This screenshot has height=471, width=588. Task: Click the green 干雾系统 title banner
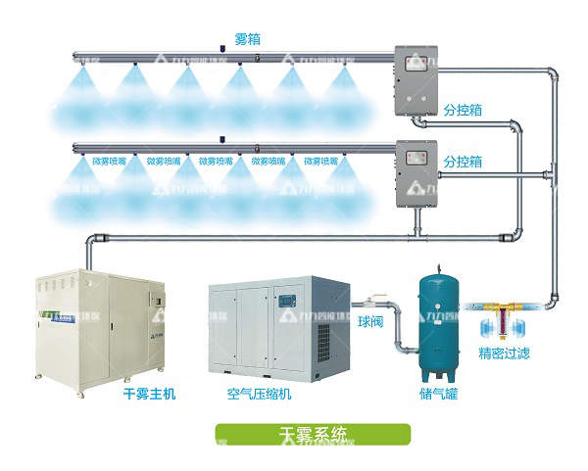tap(313, 434)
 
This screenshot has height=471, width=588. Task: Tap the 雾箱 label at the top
tap(247, 39)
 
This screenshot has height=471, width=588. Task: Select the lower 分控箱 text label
tap(464, 160)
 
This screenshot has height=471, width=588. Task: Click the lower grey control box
tap(415, 173)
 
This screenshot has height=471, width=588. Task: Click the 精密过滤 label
tap(504, 353)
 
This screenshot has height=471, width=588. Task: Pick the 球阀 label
tap(370, 320)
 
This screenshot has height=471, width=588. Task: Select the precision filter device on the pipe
tap(503, 316)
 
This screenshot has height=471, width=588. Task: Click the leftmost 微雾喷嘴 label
tap(110, 161)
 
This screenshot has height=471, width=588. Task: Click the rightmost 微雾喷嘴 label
tap(321, 161)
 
